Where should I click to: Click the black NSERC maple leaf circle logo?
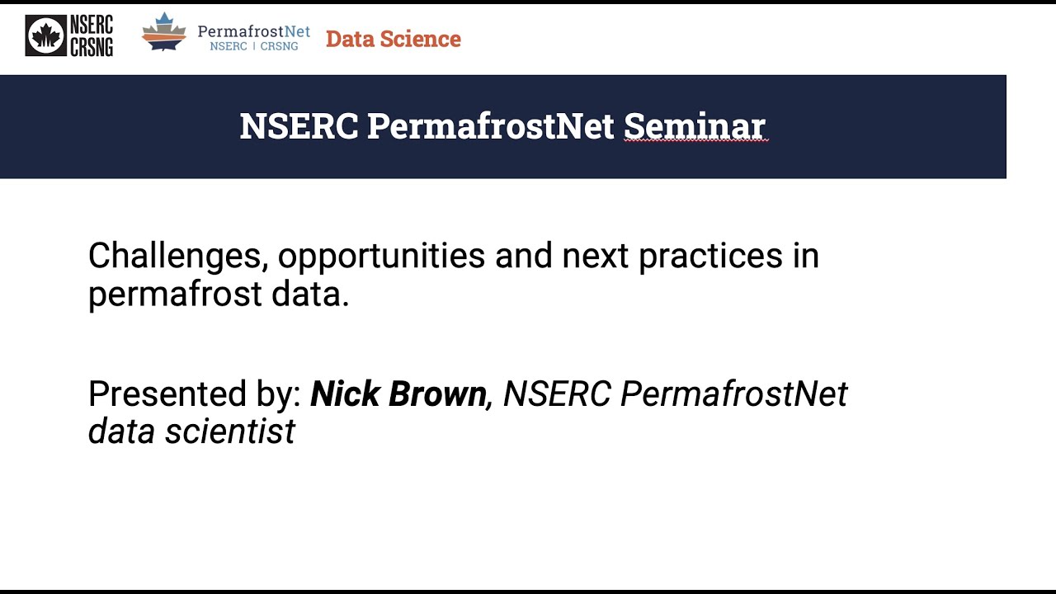45,36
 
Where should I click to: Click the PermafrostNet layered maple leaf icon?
164,32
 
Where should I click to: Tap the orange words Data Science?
393,39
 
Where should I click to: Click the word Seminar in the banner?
695,126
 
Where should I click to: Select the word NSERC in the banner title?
299,126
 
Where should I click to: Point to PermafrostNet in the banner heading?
490,126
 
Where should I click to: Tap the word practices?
710,257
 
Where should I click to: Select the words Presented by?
195,394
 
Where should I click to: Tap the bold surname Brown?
438,394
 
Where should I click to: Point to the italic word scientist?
230,431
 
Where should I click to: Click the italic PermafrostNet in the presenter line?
733,394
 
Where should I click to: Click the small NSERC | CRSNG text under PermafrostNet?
253,47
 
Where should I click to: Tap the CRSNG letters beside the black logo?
92,46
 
